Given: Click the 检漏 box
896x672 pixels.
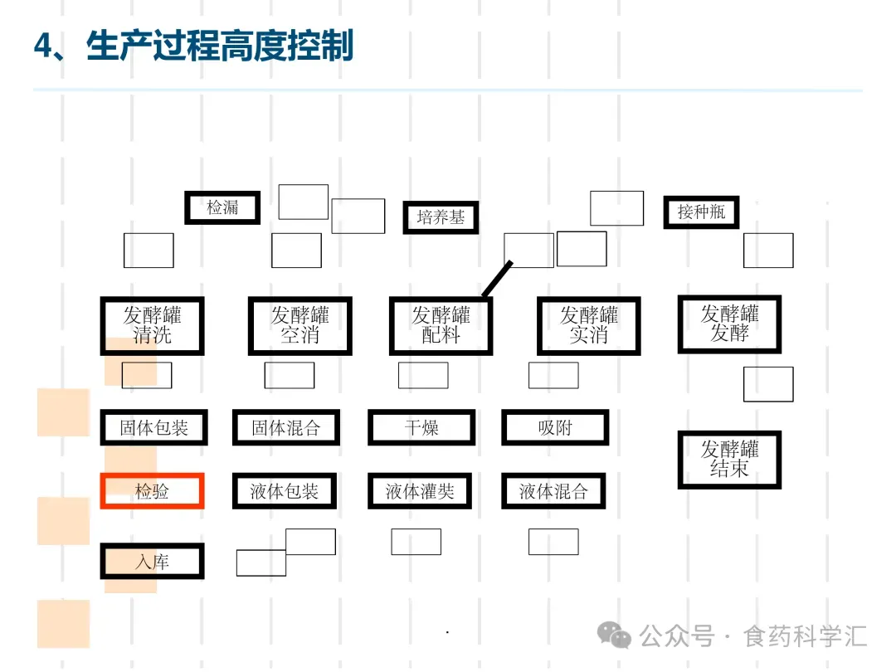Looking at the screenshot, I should pyautogui.click(x=222, y=207).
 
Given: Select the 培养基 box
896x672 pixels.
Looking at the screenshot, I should pyautogui.click(x=441, y=217).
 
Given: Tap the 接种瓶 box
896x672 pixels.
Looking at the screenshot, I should pyautogui.click(x=701, y=212).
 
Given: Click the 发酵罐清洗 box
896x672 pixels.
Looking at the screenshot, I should pyautogui.click(x=152, y=326).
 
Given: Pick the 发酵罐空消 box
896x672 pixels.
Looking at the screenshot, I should pyautogui.click(x=299, y=326).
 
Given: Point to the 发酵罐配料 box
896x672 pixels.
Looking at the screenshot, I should pyautogui.click(x=441, y=326).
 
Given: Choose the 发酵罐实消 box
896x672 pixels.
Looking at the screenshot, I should pyautogui.click(x=588, y=326).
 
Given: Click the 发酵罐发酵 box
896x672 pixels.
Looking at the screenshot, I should pyautogui.click(x=729, y=324).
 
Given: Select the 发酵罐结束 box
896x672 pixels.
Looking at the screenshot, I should pyautogui.click(x=729, y=460).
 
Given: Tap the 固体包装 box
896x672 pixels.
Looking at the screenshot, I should pyautogui.click(x=153, y=428).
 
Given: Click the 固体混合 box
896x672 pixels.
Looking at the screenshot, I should pyautogui.click(x=285, y=428).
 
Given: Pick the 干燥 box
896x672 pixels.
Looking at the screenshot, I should pyautogui.click(x=421, y=428).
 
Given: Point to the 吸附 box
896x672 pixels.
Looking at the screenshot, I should pyautogui.click(x=554, y=428).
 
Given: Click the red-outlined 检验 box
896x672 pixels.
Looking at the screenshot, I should pyautogui.click(x=152, y=491).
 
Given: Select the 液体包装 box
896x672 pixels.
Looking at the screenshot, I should pyautogui.click(x=285, y=491).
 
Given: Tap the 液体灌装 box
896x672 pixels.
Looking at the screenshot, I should pyautogui.click(x=420, y=491).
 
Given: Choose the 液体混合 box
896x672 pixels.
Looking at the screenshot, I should pyautogui.click(x=553, y=491).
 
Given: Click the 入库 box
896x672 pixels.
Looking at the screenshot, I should pyautogui.click(x=152, y=562).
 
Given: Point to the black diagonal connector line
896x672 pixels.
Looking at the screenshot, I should pyautogui.click(x=498, y=278).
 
